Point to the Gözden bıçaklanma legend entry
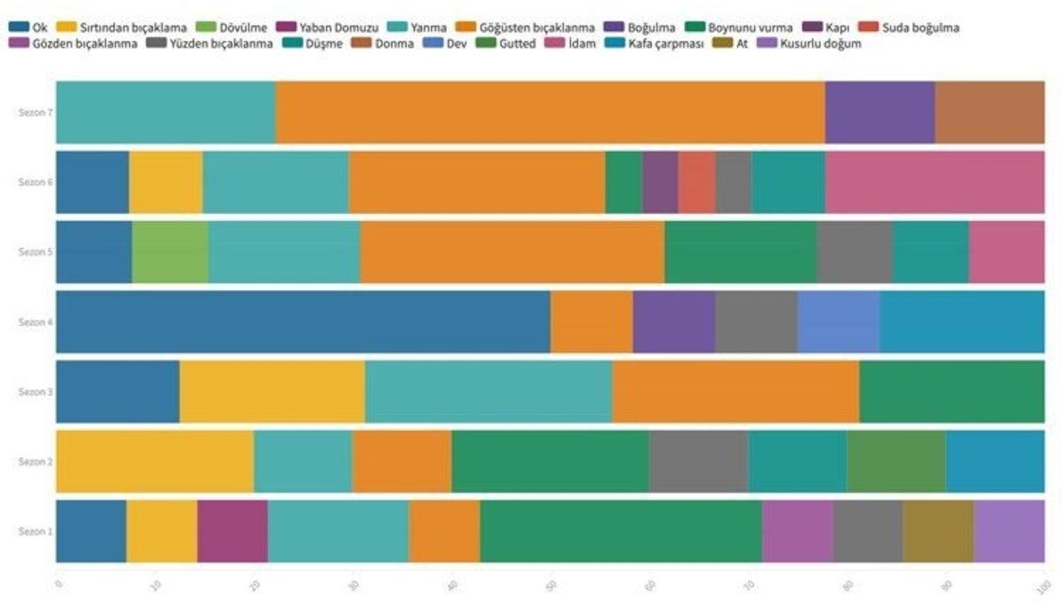click(x=77, y=43)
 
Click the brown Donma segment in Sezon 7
click(x=989, y=112)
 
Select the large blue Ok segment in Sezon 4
click(x=303, y=322)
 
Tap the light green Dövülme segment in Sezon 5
click(x=170, y=252)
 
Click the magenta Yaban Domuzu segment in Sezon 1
click(x=232, y=531)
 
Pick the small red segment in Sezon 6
click(x=696, y=182)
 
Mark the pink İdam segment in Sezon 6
click(x=934, y=182)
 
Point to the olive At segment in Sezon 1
click(x=938, y=531)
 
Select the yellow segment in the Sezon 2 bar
click(x=155, y=461)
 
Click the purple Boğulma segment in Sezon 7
click(x=880, y=112)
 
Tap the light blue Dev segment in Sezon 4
click(x=838, y=322)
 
